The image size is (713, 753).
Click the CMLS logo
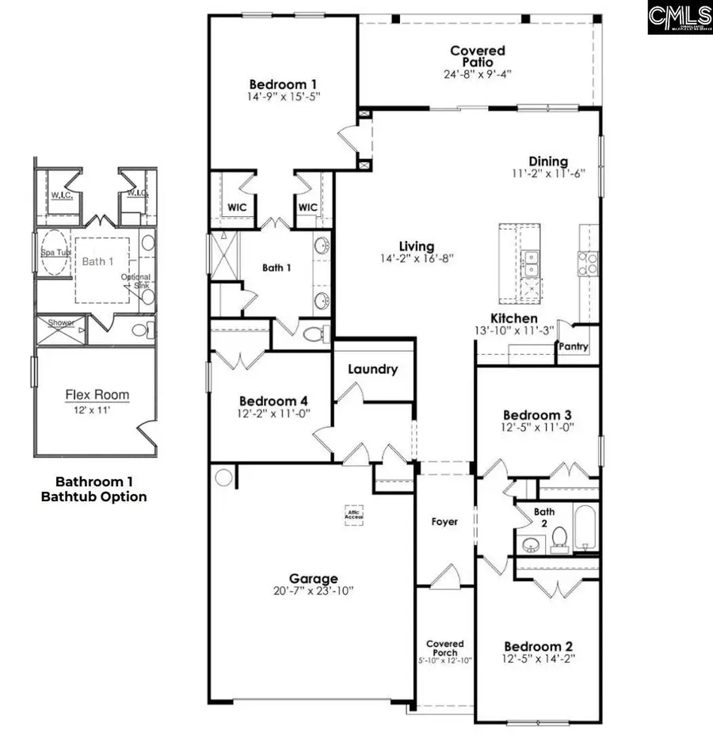coord(679,17)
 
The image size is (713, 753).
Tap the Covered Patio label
coord(477,56)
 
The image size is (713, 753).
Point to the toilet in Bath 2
coord(559,538)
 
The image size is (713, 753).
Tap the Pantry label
coord(573,346)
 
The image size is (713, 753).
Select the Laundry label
coord(372,369)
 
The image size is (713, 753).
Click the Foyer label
coord(444,522)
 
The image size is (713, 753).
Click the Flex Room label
coord(97,394)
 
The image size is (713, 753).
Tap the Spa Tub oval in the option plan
coord(54,253)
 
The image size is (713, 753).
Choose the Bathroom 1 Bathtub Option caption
coord(101,489)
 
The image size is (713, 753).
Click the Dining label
coord(549,162)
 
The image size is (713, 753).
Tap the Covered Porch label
coord(444,648)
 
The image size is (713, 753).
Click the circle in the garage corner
coord(224,477)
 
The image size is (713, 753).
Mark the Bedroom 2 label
coord(538,646)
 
